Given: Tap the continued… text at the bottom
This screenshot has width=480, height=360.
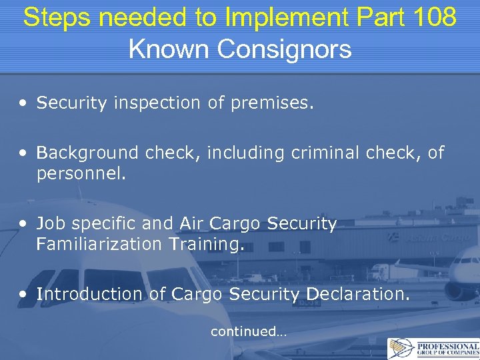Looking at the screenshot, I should click(x=248, y=331).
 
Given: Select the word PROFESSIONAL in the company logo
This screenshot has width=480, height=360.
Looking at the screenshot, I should click(x=447, y=347).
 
